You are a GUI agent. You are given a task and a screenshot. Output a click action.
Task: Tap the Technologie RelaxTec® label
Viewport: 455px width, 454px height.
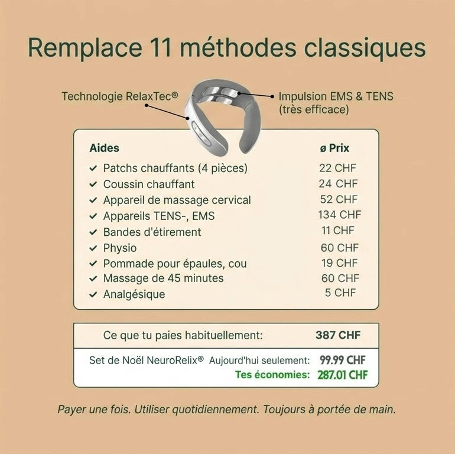point(119,96)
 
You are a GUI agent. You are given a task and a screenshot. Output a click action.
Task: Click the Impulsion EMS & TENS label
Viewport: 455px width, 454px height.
point(336,96)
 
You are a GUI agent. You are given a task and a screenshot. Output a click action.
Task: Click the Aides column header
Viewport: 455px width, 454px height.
point(104,148)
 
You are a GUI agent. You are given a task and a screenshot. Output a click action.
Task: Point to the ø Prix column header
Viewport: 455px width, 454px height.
point(334,148)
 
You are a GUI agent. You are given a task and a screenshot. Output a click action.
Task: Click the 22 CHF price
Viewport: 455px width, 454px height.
point(337,168)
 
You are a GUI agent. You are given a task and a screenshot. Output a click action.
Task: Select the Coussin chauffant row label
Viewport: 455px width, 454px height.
point(148,184)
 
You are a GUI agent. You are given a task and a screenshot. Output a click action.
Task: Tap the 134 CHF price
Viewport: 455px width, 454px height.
point(339,215)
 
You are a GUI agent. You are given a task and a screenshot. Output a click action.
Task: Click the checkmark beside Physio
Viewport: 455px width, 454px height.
point(93,248)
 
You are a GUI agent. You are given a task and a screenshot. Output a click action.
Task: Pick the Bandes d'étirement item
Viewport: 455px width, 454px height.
point(152,232)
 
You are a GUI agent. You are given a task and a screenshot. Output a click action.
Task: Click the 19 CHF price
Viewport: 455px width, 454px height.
point(339,263)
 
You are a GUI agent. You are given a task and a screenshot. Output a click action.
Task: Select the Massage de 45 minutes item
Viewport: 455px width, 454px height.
point(163,278)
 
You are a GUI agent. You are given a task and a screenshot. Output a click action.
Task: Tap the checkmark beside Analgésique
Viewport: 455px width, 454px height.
point(93,294)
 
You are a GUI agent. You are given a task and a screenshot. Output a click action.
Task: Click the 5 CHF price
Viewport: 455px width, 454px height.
point(340,293)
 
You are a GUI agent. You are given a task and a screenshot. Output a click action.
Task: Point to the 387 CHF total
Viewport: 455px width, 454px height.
point(337,336)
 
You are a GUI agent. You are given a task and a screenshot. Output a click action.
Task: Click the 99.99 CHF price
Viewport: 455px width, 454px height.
point(342,359)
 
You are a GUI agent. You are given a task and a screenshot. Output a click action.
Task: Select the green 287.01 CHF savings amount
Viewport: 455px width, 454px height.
point(342,375)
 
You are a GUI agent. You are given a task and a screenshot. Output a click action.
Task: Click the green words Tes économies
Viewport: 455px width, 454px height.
point(272,375)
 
